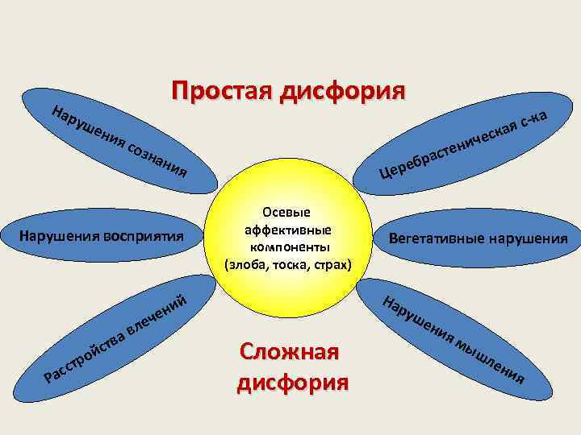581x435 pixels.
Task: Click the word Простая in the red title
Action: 219,90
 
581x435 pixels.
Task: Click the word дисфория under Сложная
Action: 293,379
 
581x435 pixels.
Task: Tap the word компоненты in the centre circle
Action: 288,246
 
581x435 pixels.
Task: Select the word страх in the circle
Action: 332,262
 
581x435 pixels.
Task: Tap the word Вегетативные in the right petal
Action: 441,238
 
